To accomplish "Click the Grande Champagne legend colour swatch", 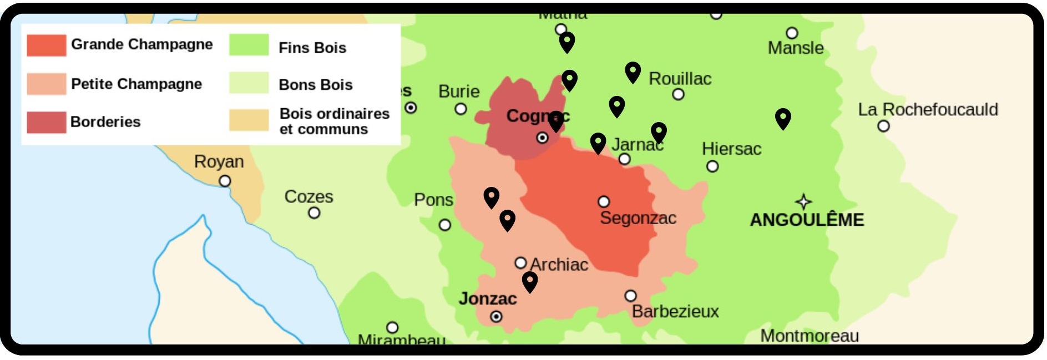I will click(x=46, y=45).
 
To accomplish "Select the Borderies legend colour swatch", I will click(x=46, y=122).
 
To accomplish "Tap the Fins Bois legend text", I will click(x=312, y=48).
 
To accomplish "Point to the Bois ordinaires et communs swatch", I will click(x=249, y=120).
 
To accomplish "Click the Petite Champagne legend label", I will click(x=136, y=84).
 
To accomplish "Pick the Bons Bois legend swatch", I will click(x=249, y=83).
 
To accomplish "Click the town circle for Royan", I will click(x=225, y=181).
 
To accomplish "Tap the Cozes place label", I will click(x=308, y=196).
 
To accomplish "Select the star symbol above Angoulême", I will click(x=803, y=201).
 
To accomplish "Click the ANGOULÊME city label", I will click(x=807, y=220).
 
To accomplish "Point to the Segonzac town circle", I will click(x=604, y=201).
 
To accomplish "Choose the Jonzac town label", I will click(x=487, y=298).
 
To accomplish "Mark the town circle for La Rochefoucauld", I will click(x=883, y=126).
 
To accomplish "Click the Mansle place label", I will click(x=795, y=48).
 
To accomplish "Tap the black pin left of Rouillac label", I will click(x=633, y=71).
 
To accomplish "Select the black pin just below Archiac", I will click(x=530, y=281).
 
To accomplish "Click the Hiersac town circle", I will click(x=712, y=166).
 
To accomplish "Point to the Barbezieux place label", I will click(x=675, y=311).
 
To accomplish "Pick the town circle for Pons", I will click(x=444, y=225).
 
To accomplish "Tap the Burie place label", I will click(x=458, y=91).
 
